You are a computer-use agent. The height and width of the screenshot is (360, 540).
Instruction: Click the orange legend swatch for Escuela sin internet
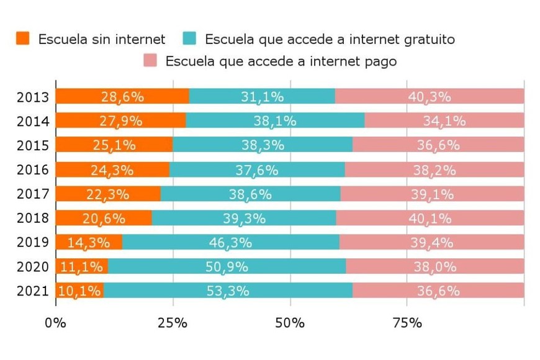pyautogui.click(x=23, y=38)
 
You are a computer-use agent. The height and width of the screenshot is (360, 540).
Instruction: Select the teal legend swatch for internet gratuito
pyautogui.click(x=190, y=38)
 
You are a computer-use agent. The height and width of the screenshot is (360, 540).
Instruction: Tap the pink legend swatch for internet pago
pyautogui.click(x=150, y=61)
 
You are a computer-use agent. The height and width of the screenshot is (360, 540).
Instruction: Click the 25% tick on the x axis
pyautogui.click(x=173, y=323)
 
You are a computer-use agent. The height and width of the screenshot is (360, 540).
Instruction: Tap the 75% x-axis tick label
pyautogui.click(x=407, y=323)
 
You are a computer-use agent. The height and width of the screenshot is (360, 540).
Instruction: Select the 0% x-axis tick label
pyautogui.click(x=56, y=323)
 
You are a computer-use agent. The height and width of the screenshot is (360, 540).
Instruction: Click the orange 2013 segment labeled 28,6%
pyautogui.click(x=122, y=97)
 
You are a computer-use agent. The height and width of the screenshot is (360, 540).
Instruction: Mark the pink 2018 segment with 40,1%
pyautogui.click(x=430, y=218)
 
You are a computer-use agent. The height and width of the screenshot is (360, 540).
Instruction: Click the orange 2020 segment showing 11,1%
pyautogui.click(x=81, y=267)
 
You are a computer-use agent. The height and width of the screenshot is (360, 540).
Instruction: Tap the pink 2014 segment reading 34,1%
pyautogui.click(x=444, y=121)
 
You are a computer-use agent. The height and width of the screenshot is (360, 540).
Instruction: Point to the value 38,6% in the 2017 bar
pyautogui.click(x=250, y=194)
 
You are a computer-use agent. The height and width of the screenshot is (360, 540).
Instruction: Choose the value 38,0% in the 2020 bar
pyautogui.click(x=435, y=267)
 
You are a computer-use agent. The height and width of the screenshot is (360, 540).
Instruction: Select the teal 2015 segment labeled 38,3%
pyautogui.click(x=262, y=145)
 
